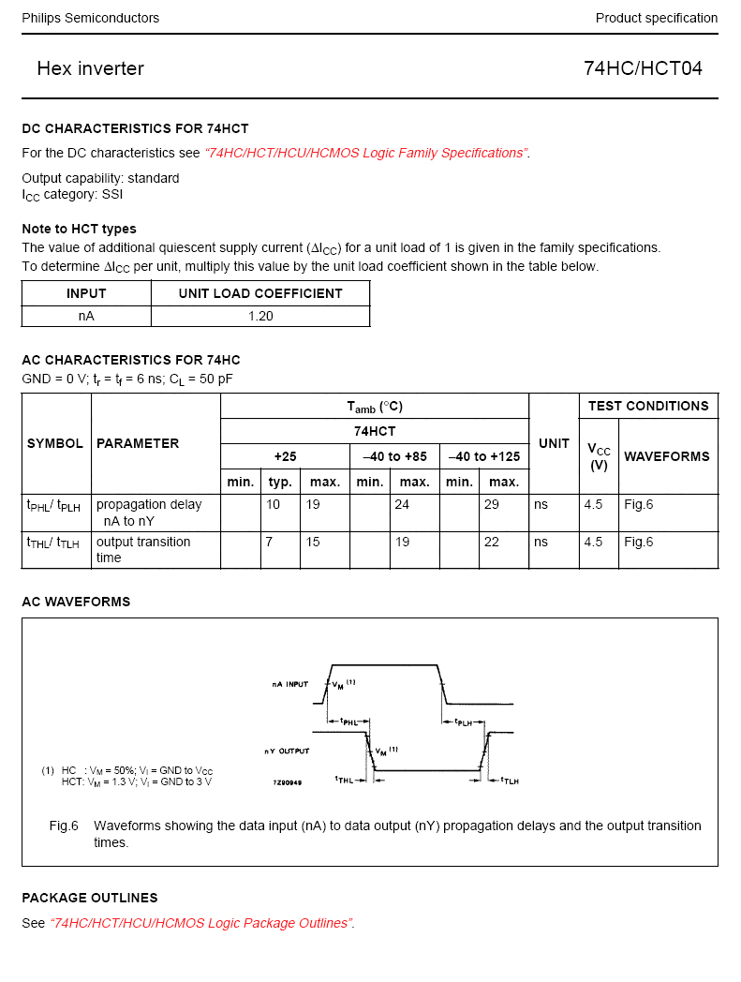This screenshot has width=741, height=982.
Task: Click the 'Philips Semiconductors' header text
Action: [x=91, y=18]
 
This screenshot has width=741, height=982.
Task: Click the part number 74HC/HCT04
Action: [x=643, y=68]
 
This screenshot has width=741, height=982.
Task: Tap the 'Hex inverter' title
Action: [x=91, y=68]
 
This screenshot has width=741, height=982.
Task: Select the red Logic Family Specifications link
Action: [x=366, y=153]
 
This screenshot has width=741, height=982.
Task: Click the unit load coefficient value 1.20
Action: [x=260, y=316]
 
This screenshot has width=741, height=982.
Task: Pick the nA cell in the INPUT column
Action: [x=86, y=316]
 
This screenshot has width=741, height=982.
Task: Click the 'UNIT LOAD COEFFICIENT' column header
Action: [x=260, y=293]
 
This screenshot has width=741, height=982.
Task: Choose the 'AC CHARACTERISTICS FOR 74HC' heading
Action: [x=131, y=360]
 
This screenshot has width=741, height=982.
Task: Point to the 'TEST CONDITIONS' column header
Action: [x=648, y=406]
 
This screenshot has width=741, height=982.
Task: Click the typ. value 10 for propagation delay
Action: [x=273, y=504]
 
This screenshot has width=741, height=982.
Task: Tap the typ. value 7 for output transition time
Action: [x=269, y=542]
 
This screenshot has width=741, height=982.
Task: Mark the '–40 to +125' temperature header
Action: [x=483, y=456]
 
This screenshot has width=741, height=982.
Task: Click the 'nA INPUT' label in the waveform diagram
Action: [x=290, y=684]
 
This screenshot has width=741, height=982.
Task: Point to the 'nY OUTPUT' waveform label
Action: [x=287, y=751]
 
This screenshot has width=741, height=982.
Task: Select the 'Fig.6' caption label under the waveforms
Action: [x=64, y=826]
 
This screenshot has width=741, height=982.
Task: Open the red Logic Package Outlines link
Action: [x=202, y=923]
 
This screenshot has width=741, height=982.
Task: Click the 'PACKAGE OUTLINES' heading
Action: [x=90, y=898]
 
